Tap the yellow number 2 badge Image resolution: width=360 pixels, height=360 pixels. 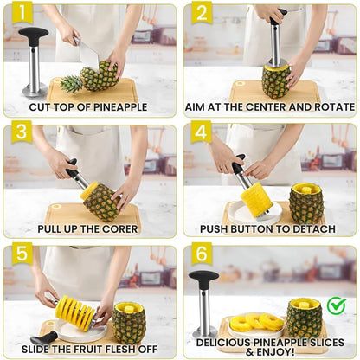tap(200, 14)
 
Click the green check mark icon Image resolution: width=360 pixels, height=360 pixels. tap(336, 305)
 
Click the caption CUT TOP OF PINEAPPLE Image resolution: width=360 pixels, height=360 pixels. tap(88, 107)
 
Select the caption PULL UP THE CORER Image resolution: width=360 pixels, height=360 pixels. tap(88, 228)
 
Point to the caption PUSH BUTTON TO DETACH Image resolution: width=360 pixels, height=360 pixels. tap(268, 228)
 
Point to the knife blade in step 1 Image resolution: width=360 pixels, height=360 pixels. tap(88, 52)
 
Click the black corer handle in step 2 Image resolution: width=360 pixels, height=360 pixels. tap(277, 16)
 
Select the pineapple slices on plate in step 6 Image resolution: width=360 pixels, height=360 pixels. tap(257, 323)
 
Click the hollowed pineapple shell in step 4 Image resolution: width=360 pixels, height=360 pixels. tap(305, 202)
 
